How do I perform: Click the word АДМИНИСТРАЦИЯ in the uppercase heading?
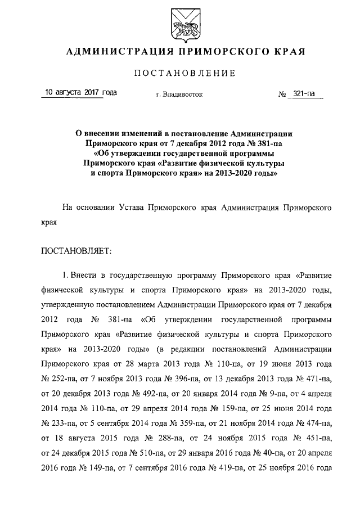(x=116, y=52)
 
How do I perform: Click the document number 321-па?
(x=304, y=95)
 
